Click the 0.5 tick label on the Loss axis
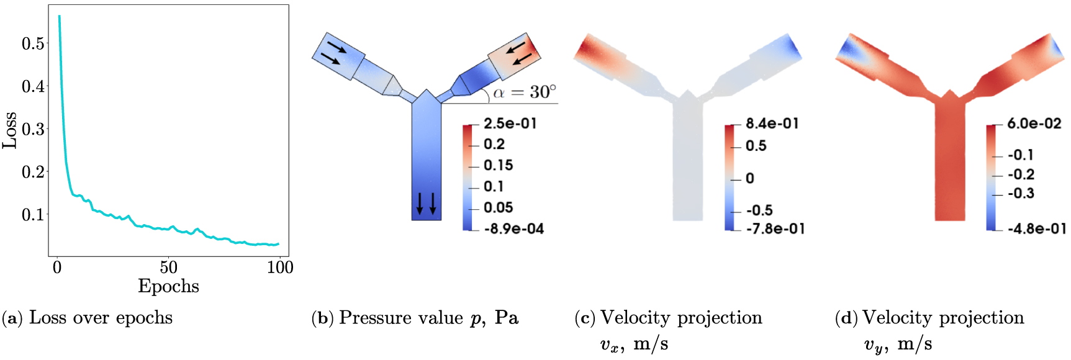point(33,43)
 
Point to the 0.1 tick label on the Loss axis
point(33,215)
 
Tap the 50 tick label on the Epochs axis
point(168,268)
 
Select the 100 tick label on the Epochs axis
point(280,268)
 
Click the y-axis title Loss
point(9,130)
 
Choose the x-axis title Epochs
point(168,286)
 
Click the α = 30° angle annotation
point(525,92)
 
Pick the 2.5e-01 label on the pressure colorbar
point(510,124)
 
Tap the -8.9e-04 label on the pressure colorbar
point(513,229)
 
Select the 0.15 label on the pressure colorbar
point(499,165)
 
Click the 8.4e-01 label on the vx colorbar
point(772,124)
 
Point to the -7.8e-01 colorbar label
point(775,229)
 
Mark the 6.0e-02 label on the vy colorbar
point(1034,124)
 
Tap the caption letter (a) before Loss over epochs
point(12,318)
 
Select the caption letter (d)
point(846,318)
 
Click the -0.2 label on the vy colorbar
point(1021,174)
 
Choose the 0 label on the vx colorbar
point(750,179)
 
